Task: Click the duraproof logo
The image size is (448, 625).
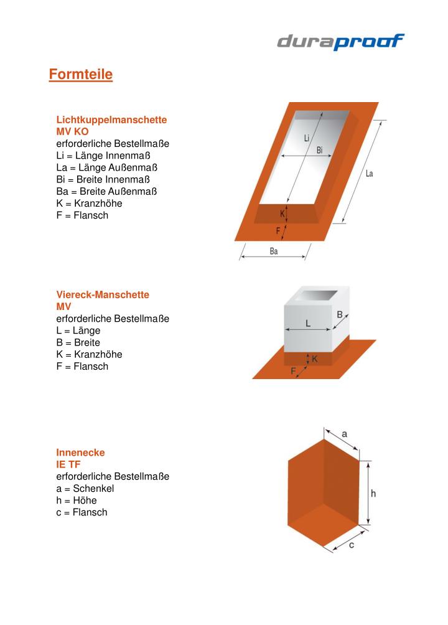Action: [340, 42]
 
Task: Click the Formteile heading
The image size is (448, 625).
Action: [81, 75]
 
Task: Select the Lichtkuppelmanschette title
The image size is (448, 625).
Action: [111, 119]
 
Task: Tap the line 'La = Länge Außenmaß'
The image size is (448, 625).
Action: [106, 167]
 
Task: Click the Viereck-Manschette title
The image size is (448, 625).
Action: [103, 294]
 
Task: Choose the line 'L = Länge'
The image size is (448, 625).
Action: [78, 331]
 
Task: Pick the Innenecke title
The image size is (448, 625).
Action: [80, 453]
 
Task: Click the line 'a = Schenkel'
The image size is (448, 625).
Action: [85, 489]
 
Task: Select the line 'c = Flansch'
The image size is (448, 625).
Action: [82, 512]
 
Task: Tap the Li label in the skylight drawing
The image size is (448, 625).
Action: [307, 138]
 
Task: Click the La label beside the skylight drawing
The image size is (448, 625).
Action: [369, 174]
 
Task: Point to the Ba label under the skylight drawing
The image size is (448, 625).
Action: [274, 251]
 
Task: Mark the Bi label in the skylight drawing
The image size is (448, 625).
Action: [319, 150]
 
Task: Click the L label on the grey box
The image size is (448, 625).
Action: [308, 324]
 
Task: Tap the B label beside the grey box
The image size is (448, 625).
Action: [340, 315]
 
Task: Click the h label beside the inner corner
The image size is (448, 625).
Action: [373, 493]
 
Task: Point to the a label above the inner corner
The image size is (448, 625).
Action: [345, 433]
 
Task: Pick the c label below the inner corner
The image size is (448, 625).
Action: [352, 545]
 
